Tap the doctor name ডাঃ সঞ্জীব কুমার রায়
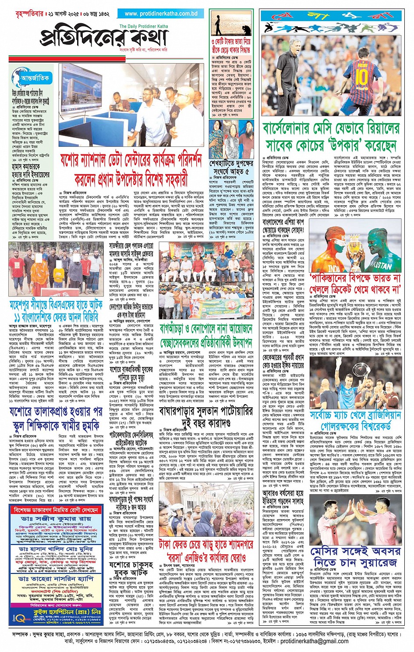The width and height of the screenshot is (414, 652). (56, 519)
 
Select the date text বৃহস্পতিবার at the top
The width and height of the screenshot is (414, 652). (22, 14)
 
